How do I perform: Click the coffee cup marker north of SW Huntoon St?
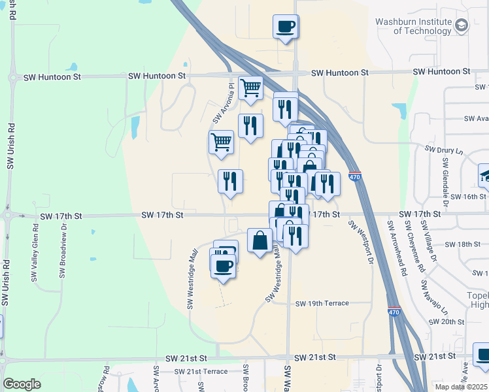285,27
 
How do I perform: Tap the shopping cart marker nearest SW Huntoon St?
251,88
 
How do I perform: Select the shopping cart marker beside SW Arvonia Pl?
222,142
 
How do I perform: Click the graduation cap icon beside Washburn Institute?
462,25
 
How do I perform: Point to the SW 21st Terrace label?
201,371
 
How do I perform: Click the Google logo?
22,384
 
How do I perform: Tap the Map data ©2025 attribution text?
461,387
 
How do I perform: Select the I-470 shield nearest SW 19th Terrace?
394,312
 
